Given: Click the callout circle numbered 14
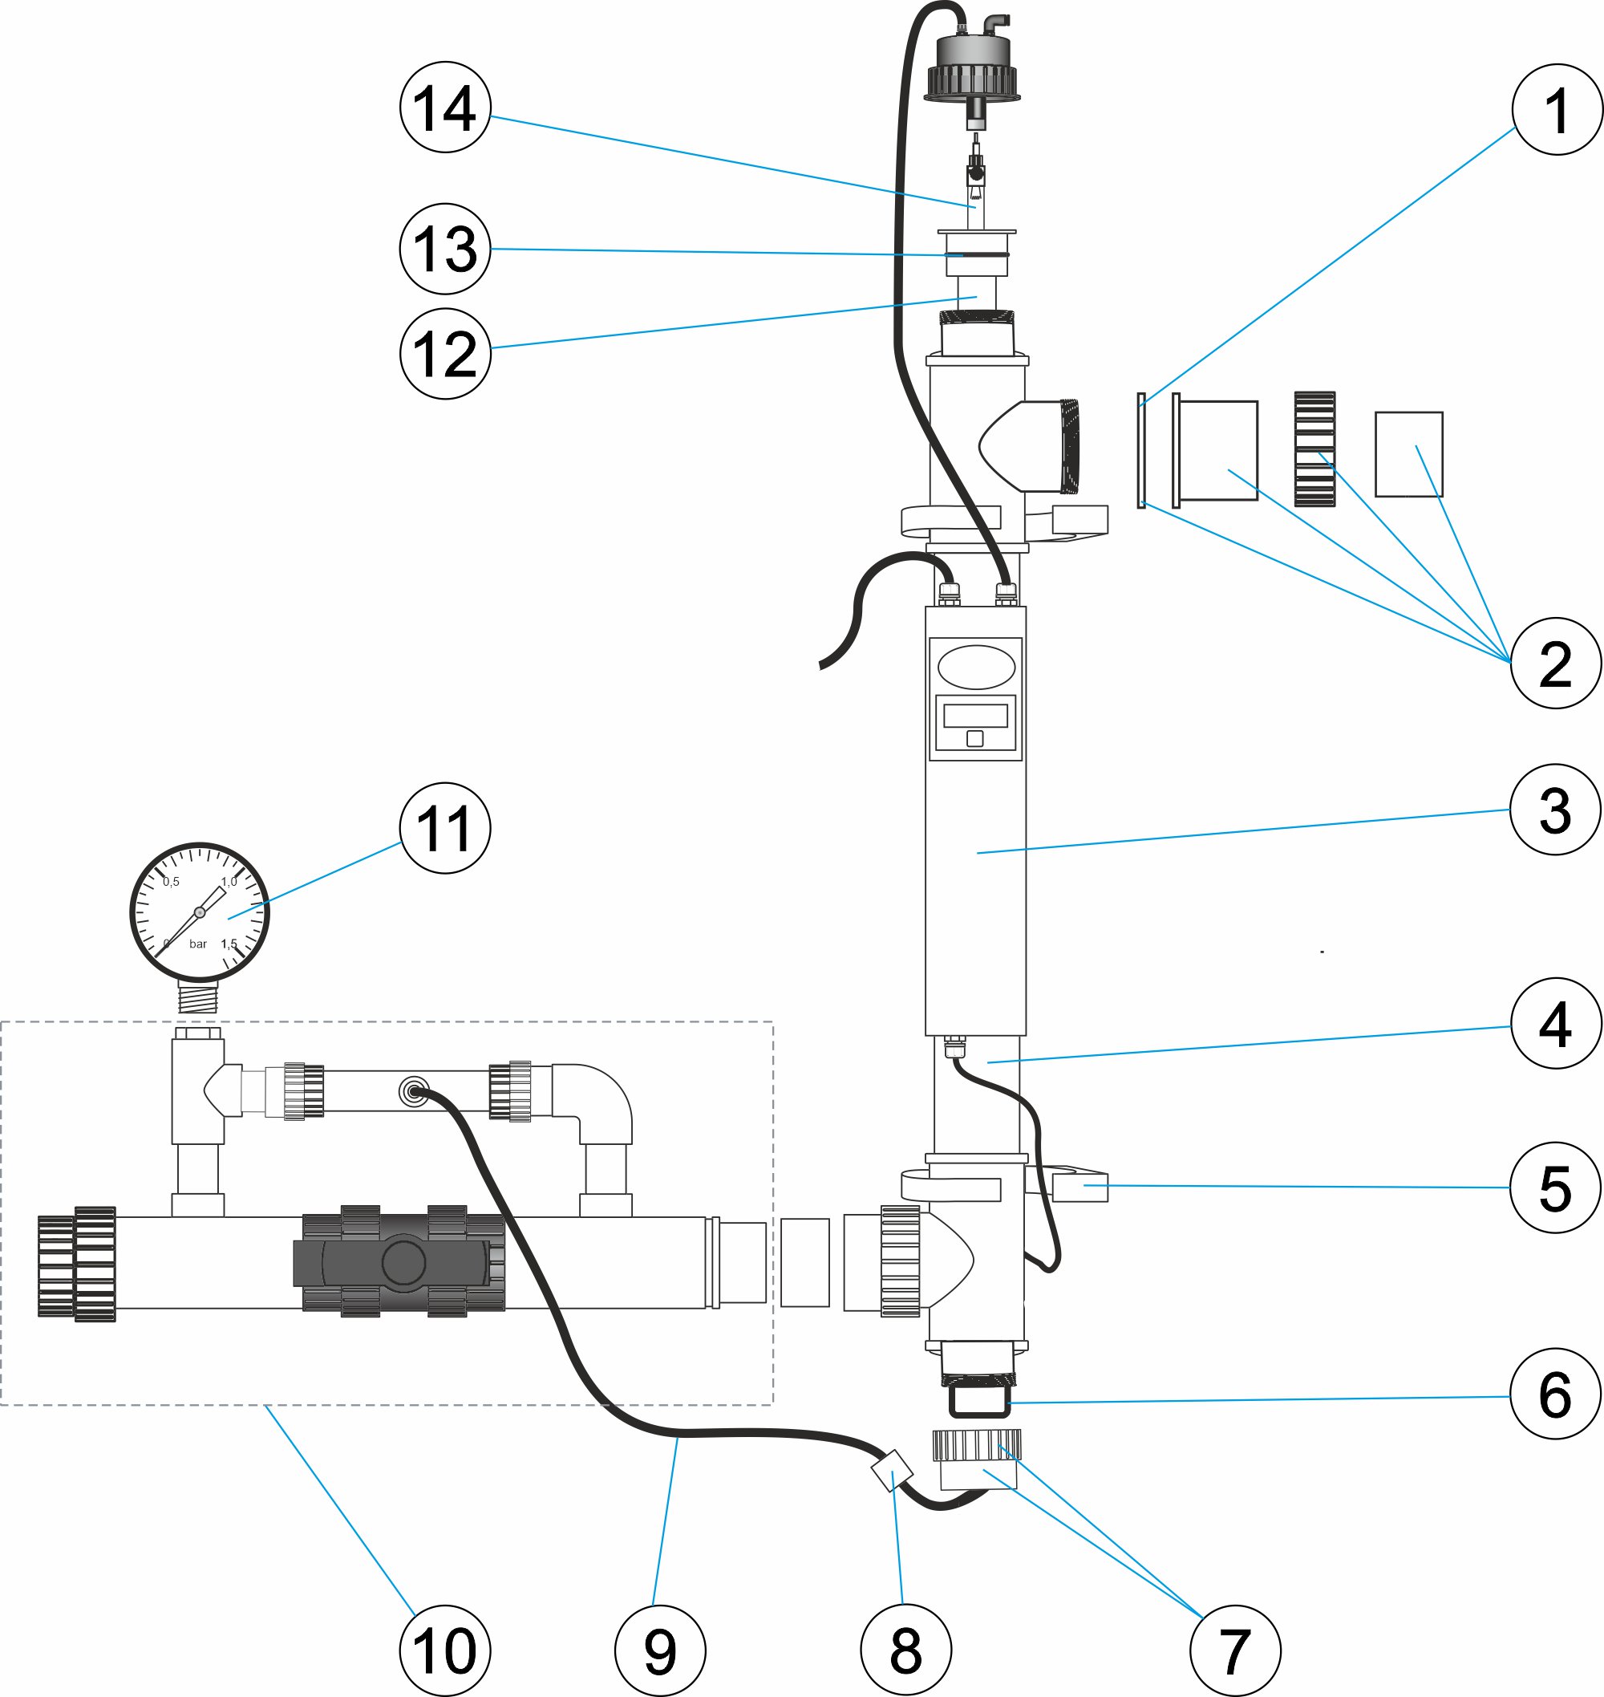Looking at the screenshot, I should click(444, 108).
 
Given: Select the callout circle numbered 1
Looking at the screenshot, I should click(1556, 109).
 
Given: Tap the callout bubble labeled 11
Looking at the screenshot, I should click(444, 828).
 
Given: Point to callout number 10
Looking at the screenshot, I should click(444, 1650).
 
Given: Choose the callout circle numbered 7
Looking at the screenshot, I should click(1234, 1650).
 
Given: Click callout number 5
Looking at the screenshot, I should click(1554, 1187).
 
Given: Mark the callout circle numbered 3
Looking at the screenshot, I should click(1554, 809).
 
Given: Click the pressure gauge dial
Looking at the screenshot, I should click(199, 911).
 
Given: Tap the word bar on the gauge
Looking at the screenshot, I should click(197, 944).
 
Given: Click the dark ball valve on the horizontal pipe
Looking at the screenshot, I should click(402, 1261).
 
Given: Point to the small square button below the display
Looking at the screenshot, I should click(974, 738).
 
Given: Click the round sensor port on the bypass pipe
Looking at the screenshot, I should click(414, 1091).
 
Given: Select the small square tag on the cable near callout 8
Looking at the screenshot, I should click(890, 1469).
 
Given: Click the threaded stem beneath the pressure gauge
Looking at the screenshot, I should click(197, 997).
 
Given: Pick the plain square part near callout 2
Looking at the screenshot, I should click(1408, 454).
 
